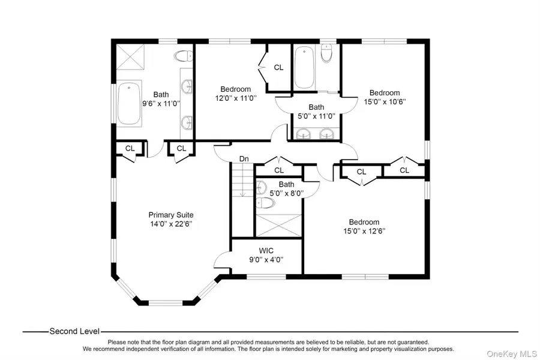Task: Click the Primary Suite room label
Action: pos(171,215)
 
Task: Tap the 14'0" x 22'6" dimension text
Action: pos(171,224)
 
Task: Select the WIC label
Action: pos(266,251)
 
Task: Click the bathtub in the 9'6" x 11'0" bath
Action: pos(129,104)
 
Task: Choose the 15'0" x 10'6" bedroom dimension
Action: pos(384,102)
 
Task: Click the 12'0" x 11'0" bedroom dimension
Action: pos(236,98)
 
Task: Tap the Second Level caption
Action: pos(74,331)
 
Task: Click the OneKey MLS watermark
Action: pos(512,352)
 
